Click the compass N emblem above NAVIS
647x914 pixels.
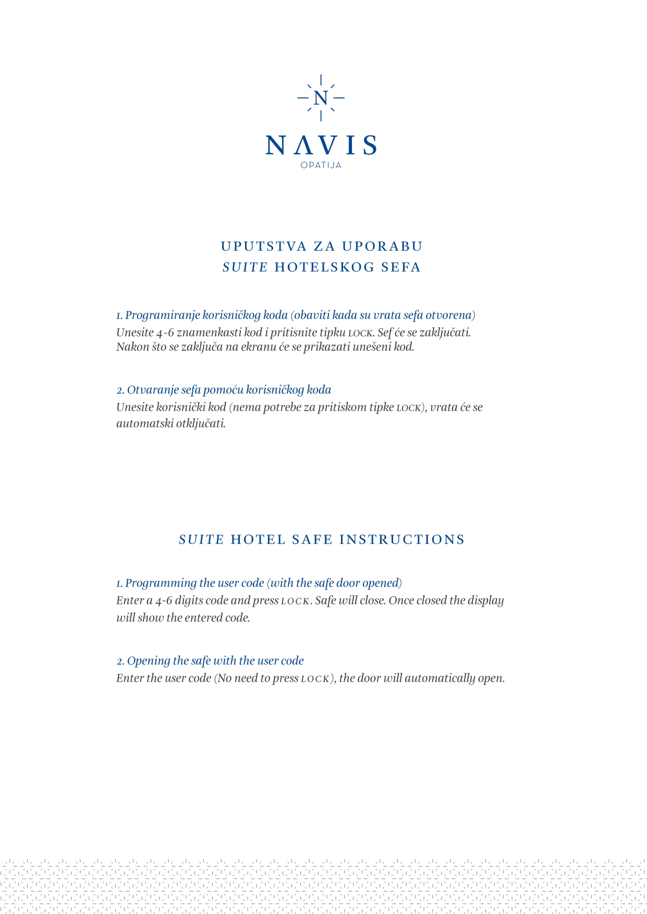321,98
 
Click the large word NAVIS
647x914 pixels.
321,145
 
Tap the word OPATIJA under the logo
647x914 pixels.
321,165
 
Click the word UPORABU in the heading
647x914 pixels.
382,246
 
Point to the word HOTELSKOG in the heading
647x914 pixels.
324,267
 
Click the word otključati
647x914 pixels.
201,423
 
